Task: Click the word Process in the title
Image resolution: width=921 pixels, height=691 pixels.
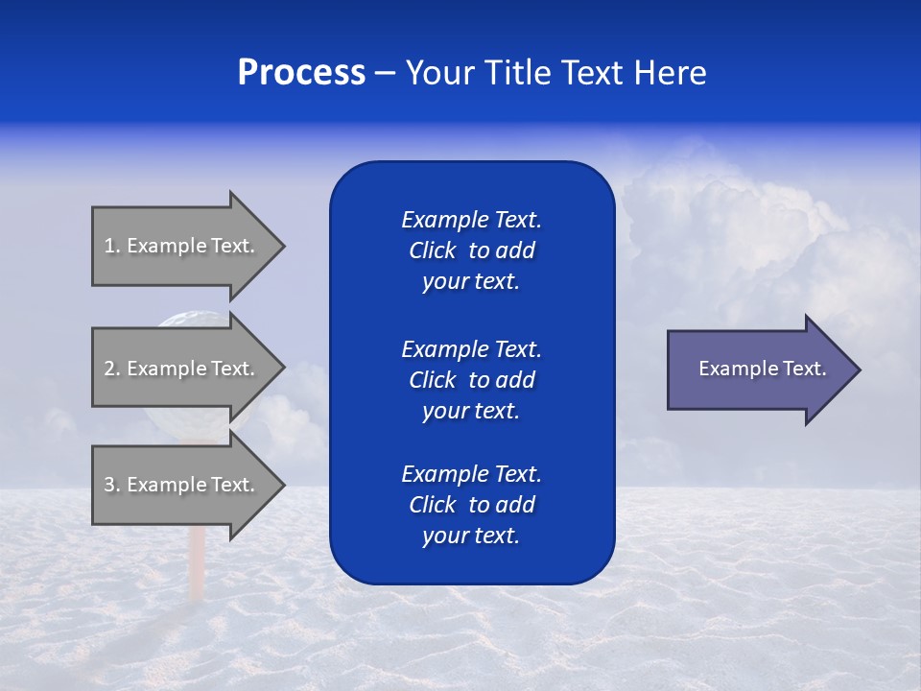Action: [301, 73]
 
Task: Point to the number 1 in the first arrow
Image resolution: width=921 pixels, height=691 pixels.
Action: [109, 246]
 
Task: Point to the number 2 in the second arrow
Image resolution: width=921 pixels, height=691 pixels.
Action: [109, 369]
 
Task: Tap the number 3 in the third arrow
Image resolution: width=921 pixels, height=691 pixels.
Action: [109, 485]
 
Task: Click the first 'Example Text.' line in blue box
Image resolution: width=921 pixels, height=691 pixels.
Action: [471, 220]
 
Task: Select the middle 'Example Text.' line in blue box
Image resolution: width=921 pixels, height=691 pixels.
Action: [471, 349]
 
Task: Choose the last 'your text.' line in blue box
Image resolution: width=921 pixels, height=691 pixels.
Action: [471, 536]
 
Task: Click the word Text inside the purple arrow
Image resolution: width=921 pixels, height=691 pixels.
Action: [805, 369]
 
